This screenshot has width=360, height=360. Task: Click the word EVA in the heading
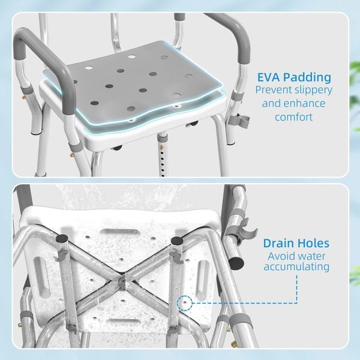[269, 77]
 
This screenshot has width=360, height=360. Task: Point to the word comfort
[293, 116]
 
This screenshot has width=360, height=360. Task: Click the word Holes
[314, 244]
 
